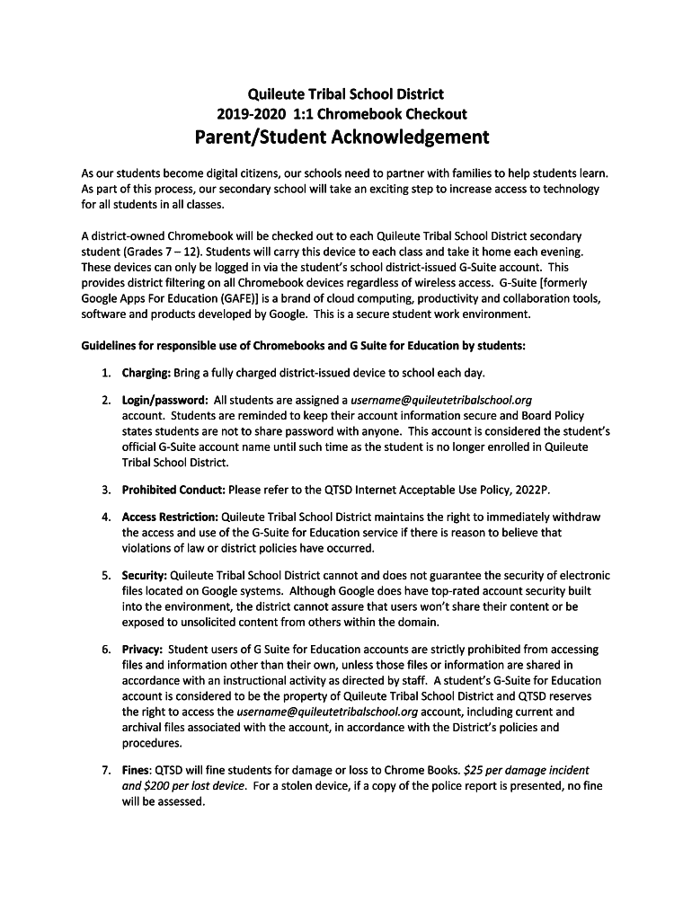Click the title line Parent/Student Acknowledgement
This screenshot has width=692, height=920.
342,137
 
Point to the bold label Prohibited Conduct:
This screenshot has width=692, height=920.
173,490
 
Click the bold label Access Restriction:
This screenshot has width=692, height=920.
170,517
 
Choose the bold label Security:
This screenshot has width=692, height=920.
144,575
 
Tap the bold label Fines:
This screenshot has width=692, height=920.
138,770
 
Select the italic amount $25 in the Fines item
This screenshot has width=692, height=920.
475,770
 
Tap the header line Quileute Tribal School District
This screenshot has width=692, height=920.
345,93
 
